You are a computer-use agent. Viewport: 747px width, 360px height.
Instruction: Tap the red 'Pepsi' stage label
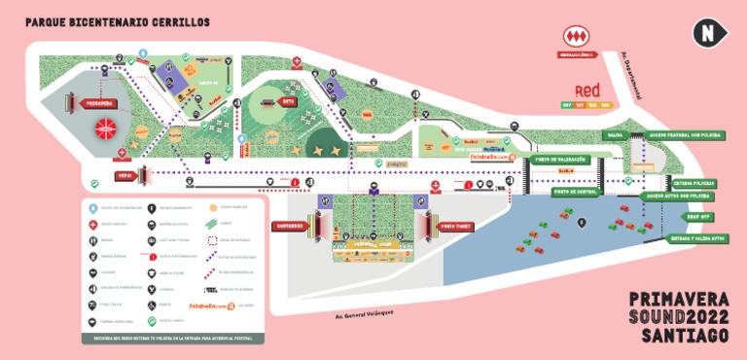click(124, 176)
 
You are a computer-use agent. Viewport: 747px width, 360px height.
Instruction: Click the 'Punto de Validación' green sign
click(557, 159)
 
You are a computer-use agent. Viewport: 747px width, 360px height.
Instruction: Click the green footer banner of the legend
click(171, 338)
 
